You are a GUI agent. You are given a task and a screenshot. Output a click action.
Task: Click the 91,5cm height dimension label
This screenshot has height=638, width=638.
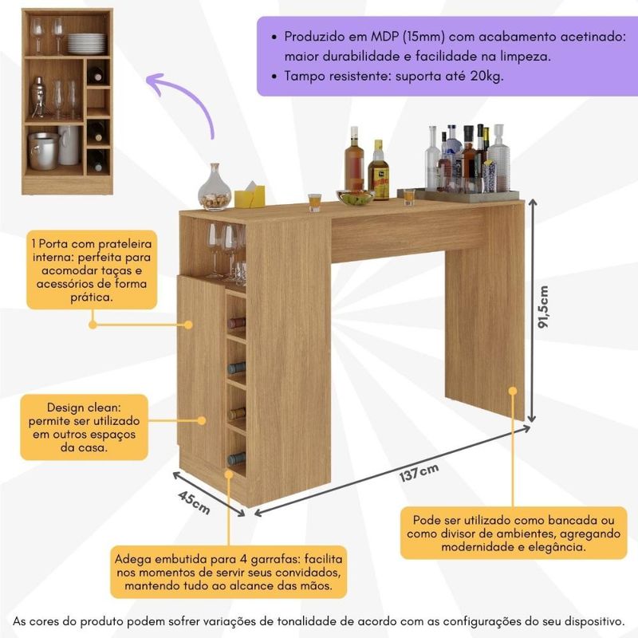[543, 307]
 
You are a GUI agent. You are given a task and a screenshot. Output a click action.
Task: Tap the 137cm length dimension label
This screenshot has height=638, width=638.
[419, 472]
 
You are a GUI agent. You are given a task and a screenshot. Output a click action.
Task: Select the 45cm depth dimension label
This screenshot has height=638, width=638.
[194, 502]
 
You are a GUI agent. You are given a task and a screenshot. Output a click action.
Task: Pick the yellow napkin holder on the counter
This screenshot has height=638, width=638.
[250, 195]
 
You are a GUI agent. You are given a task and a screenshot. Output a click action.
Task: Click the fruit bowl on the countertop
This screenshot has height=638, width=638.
[355, 197]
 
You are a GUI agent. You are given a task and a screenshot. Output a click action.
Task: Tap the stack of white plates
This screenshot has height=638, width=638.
[87, 44]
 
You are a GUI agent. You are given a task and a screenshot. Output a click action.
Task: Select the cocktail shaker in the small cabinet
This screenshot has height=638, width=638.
[38, 96]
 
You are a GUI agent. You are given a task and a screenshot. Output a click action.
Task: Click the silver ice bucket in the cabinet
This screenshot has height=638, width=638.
[44, 151]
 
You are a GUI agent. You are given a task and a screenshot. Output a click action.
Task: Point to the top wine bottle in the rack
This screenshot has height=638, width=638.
[236, 323]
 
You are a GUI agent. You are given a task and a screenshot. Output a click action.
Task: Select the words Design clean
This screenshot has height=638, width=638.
[84, 408]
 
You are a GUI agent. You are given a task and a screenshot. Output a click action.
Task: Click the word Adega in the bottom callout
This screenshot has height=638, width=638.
[133, 560]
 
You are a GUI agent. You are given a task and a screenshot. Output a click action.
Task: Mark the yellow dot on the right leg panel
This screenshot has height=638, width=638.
[513, 391]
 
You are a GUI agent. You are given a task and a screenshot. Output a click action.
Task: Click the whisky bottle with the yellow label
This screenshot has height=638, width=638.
[378, 170]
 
